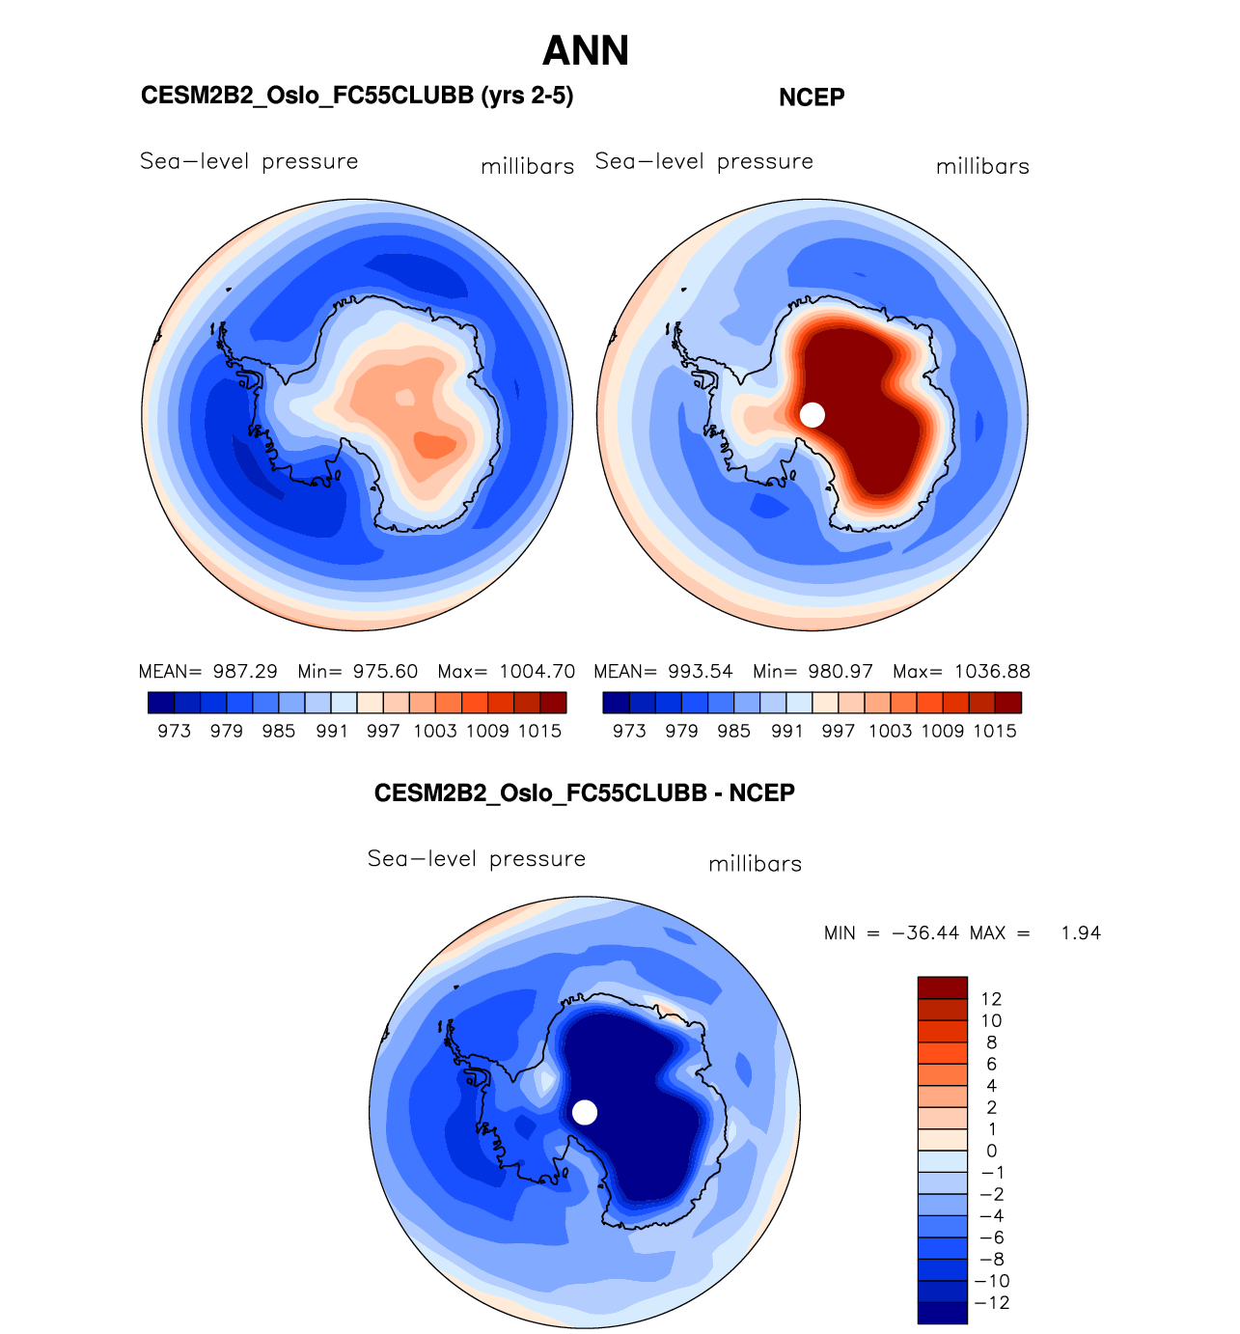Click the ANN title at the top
[586, 51]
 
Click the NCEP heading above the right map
[812, 97]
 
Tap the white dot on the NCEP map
[813, 414]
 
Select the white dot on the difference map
[585, 1112]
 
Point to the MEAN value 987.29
[245, 672]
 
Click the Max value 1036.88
[992, 672]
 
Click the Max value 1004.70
[537, 672]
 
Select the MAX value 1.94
[1081, 933]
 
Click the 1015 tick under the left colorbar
[539, 732]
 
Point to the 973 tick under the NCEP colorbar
[629, 732]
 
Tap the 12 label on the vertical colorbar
[991, 999]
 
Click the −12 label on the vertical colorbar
[993, 1303]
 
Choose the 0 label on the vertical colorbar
[991, 1152]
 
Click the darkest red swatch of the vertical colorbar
[942, 987]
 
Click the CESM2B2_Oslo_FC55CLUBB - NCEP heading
[585, 793]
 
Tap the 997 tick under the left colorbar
[383, 732]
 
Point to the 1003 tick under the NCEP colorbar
[890, 732]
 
